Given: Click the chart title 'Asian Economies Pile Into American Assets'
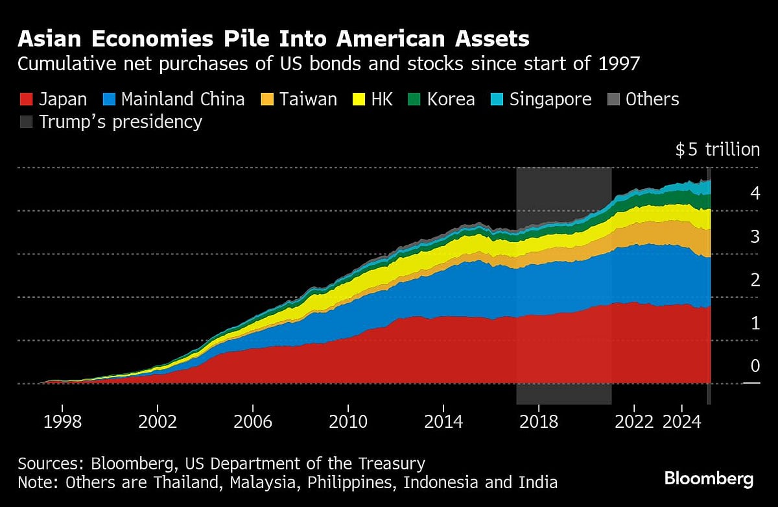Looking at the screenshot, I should (273, 39).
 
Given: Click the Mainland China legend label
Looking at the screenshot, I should (183, 99).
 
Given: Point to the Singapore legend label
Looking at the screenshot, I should (550, 99).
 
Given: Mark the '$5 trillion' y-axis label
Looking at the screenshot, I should (717, 150).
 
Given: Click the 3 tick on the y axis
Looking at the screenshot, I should (755, 236).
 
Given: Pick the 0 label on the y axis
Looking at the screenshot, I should (755, 366).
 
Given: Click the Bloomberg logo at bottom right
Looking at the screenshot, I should (709, 480).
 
